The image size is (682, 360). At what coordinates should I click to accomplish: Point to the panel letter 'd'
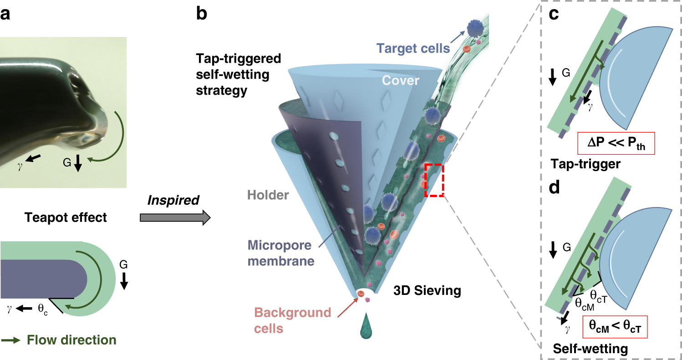pyautogui.click(x=554, y=188)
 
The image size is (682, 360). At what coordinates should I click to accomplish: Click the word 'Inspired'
pyautogui.click(x=173, y=200)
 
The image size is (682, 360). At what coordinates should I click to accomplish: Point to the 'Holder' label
pyautogui.click(x=268, y=195)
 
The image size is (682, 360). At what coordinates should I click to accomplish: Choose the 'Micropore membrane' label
pyautogui.click(x=280, y=253)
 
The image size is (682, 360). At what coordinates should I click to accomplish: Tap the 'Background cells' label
pyautogui.click(x=293, y=320)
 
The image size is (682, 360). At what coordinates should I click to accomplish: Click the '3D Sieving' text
pyautogui.click(x=427, y=290)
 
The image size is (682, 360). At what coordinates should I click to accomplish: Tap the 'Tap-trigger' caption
pyautogui.click(x=585, y=164)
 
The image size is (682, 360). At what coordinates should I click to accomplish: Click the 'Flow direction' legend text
pyautogui.click(x=71, y=340)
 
